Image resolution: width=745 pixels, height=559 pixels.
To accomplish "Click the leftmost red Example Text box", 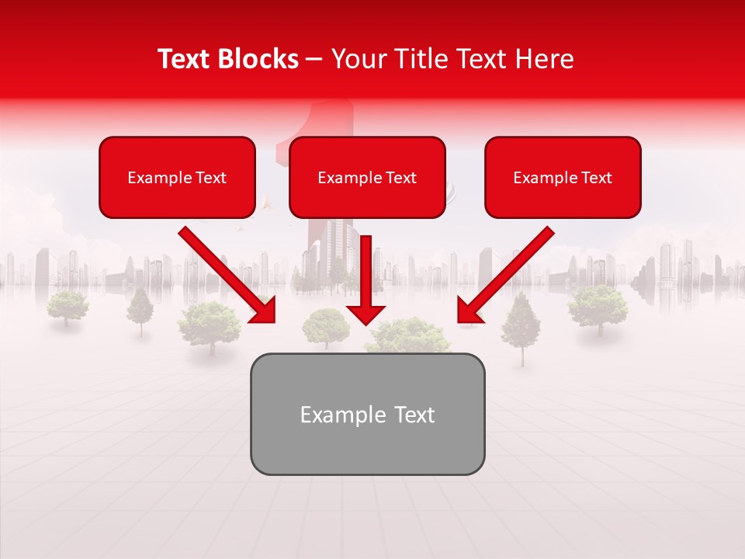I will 177,177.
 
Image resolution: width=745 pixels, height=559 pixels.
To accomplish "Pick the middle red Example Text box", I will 367,177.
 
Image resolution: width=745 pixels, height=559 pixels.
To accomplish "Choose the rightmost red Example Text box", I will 563,177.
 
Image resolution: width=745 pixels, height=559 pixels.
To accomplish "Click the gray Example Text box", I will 367,414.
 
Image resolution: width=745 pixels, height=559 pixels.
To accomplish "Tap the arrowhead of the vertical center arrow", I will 366,314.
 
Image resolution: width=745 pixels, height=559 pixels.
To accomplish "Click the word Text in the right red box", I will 597,178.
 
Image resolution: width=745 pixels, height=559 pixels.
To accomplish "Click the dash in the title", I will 314,59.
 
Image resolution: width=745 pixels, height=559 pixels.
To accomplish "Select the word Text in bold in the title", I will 184,59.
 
